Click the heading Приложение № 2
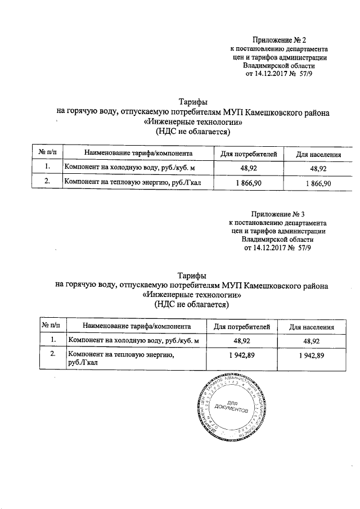(279, 40)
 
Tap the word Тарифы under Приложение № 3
(192, 275)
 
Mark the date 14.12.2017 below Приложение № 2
(268, 74)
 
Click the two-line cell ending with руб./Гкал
(121, 358)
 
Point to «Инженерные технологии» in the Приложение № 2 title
(193, 122)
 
